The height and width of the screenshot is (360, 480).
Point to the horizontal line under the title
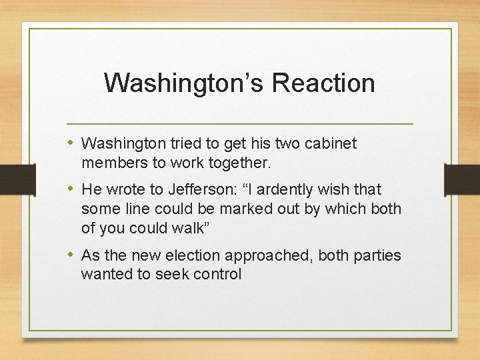click(x=240, y=124)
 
